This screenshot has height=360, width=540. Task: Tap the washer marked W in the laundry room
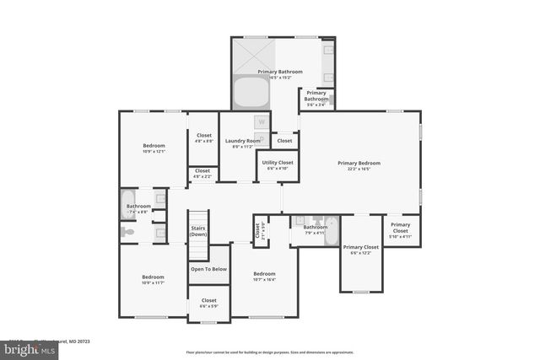tap(261, 121)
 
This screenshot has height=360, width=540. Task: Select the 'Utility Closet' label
tap(278, 162)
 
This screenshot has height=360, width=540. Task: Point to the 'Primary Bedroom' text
tap(359, 163)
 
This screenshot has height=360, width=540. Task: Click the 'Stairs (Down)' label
tap(197, 230)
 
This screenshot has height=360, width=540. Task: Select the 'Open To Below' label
tap(208, 269)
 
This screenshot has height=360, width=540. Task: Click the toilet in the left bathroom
tap(127, 231)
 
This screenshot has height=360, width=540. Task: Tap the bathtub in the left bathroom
tap(128, 205)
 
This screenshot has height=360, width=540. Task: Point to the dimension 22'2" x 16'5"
tap(359, 169)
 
